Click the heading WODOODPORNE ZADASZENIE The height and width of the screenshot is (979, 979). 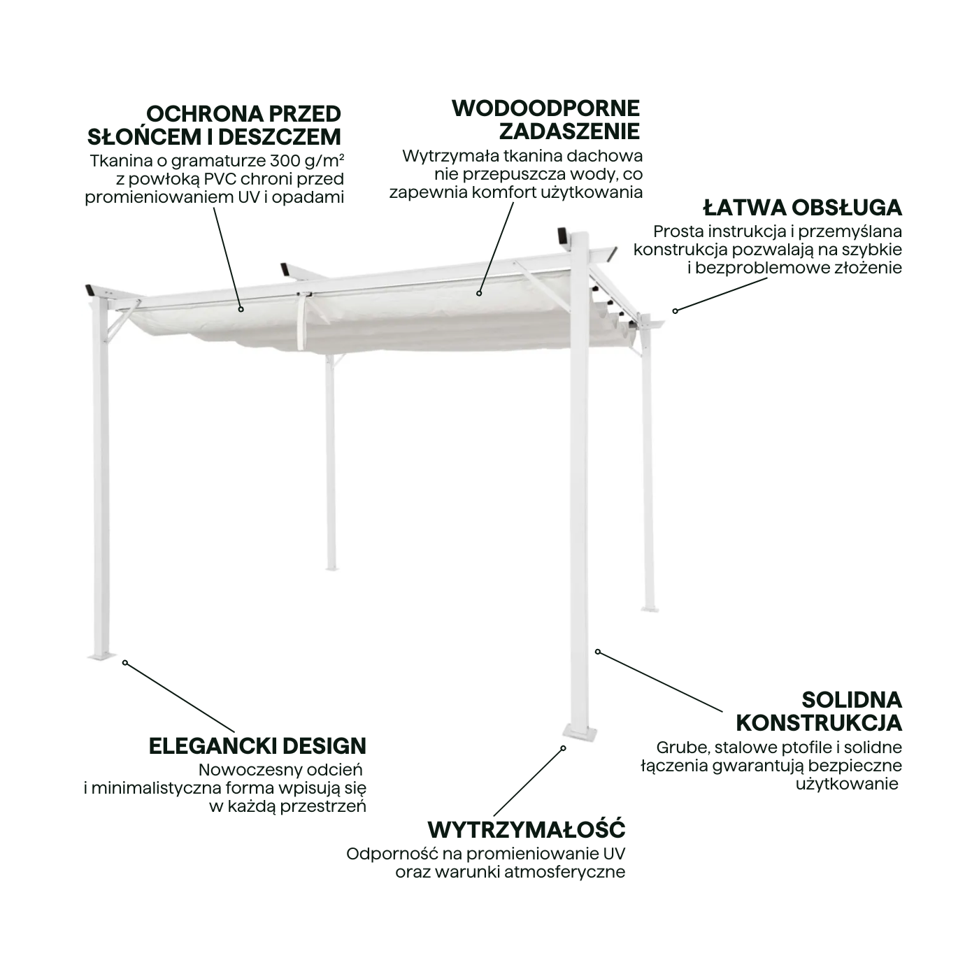[545, 120]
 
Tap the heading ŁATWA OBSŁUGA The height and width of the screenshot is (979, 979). [802, 208]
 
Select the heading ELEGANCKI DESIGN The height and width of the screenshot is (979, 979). [257, 746]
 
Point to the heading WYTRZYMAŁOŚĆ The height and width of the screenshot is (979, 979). [527, 829]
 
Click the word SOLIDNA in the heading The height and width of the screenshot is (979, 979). [852, 700]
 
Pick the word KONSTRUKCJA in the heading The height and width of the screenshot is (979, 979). [819, 723]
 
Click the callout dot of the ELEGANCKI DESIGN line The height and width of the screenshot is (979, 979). [125, 662]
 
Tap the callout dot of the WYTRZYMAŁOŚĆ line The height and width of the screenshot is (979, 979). [563, 748]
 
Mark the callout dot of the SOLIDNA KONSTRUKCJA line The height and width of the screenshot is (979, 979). [598, 651]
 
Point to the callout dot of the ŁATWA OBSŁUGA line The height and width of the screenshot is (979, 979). [676, 311]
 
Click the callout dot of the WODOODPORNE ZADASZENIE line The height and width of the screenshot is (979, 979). [479, 293]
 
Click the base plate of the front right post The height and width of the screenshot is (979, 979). [580, 734]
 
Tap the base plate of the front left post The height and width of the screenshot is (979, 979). [102, 656]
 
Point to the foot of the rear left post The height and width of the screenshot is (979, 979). [331, 569]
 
